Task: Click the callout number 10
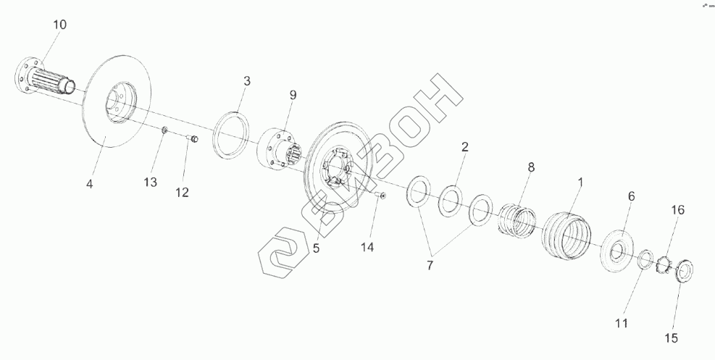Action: point(59,25)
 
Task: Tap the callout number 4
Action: point(90,184)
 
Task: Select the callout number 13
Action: point(150,183)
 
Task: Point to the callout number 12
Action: point(181,192)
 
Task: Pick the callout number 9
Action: point(293,95)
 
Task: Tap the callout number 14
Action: point(367,247)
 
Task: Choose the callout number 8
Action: point(531,167)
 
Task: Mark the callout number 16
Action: point(677,211)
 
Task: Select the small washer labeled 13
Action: point(164,130)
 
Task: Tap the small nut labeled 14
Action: point(382,195)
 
